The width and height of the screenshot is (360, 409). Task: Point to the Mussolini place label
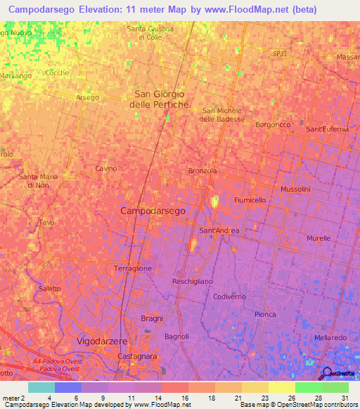(x=300, y=190)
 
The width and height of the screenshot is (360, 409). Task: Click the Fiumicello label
(x=250, y=200)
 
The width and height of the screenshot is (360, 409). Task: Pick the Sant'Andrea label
(x=219, y=231)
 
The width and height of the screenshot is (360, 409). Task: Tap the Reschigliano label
(x=193, y=281)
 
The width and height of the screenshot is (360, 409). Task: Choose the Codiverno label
(x=229, y=297)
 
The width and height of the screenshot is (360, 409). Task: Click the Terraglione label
(x=133, y=268)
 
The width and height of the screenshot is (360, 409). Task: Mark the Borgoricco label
(x=273, y=124)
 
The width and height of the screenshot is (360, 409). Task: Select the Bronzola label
(x=202, y=171)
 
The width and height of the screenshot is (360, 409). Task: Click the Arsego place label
(x=88, y=97)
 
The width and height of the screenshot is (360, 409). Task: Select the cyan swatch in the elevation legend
(x=41, y=387)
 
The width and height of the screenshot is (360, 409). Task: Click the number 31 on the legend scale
(x=345, y=397)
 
